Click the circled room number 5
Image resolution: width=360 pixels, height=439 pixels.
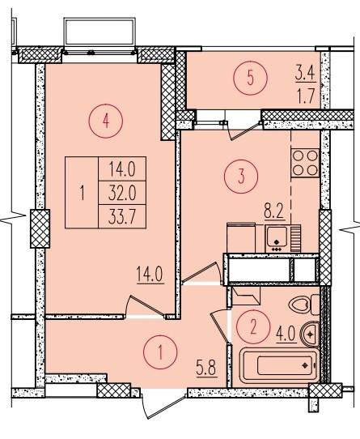pyautogui.click(x=250, y=79)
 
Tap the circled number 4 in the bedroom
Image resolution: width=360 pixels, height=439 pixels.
pyautogui.click(x=106, y=121)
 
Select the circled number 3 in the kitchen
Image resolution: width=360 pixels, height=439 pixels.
pyautogui.click(x=241, y=177)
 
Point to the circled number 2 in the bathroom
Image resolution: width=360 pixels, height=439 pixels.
pyautogui.click(x=253, y=327)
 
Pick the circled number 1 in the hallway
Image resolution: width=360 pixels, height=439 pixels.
pyautogui.click(x=160, y=352)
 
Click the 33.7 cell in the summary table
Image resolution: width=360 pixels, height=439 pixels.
pyautogui.click(x=122, y=216)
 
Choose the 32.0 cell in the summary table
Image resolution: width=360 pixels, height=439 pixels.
pyautogui.click(x=122, y=193)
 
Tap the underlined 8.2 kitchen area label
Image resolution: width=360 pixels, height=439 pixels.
pyautogui.click(x=274, y=213)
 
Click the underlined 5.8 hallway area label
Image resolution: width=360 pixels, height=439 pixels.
pyautogui.click(x=206, y=369)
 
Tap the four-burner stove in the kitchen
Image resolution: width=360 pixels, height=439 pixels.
pyautogui.click(x=305, y=163)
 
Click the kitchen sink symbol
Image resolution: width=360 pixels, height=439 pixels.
pyautogui.click(x=277, y=238)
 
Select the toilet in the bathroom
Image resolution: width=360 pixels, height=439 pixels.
pyautogui.click(x=304, y=305)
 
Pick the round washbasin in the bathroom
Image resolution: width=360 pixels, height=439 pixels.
pyautogui.click(x=310, y=334)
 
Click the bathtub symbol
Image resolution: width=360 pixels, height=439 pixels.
pyautogui.click(x=279, y=365)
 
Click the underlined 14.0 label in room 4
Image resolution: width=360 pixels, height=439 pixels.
pyautogui.click(x=150, y=275)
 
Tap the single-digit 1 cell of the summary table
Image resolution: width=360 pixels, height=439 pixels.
pyautogui.click(x=82, y=193)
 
